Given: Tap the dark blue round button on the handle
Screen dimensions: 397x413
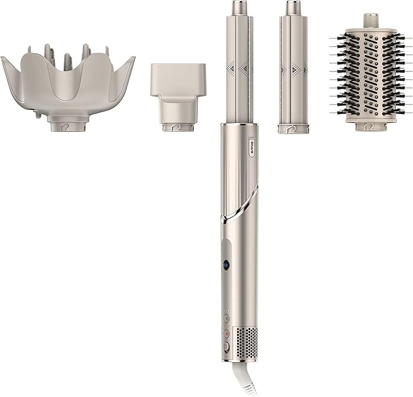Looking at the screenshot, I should pos(226,264).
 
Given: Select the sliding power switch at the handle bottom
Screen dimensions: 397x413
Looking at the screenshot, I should pos(226,348).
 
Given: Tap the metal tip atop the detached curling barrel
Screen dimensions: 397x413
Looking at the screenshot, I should pos(293,8).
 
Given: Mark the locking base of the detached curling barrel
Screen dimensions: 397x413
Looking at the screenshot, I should pos(293,127).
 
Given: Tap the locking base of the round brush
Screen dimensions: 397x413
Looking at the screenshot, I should pos(371,125).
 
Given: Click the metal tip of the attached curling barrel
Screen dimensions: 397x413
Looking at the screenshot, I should pos(239,8).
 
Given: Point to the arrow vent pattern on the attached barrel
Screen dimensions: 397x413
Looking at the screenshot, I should pos(239,68).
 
